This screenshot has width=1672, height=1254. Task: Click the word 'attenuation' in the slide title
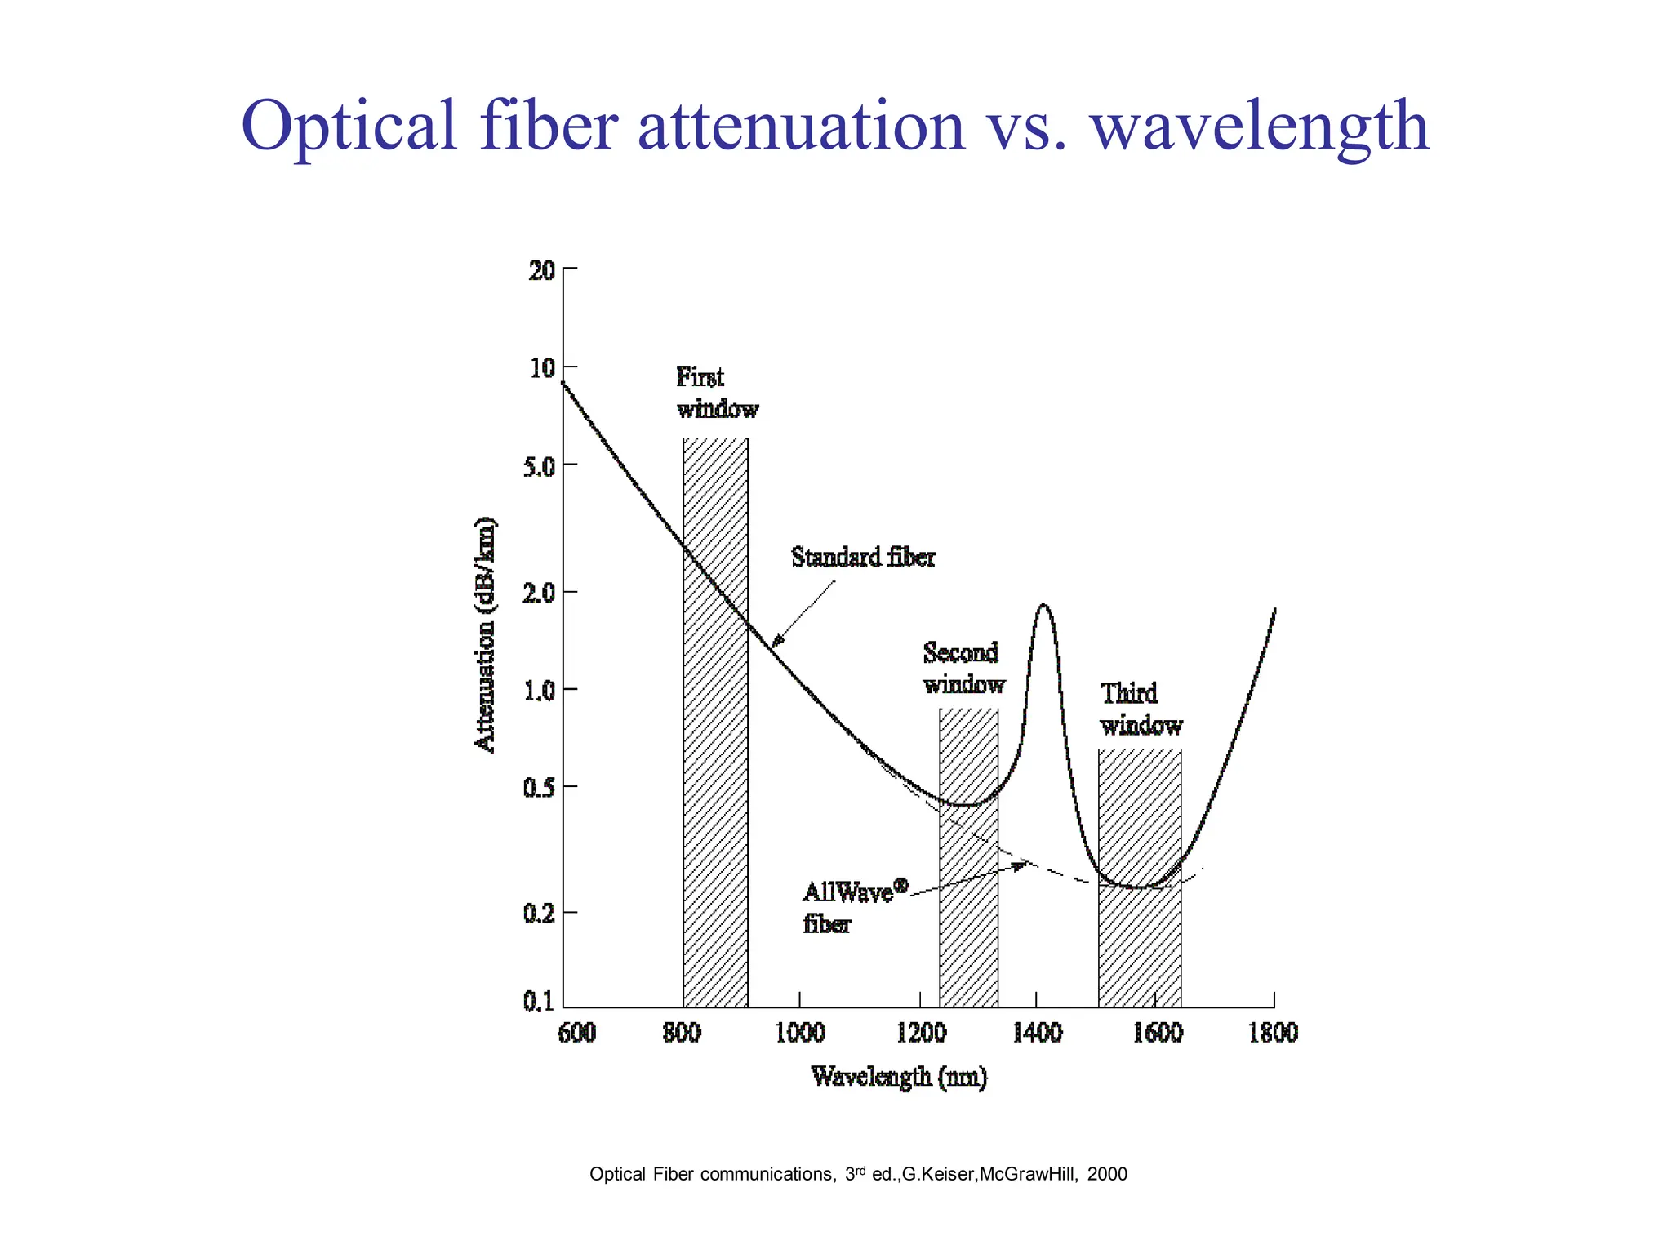801,127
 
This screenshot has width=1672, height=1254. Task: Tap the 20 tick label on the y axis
542,270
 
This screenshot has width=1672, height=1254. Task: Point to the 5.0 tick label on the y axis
539,467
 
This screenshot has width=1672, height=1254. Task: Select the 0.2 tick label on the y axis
539,914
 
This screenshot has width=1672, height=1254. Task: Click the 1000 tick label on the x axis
799,1033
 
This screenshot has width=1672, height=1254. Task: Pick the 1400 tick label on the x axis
1037,1033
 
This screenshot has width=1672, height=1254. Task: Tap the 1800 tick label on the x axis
1273,1033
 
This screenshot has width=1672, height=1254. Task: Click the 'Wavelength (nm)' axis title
899,1077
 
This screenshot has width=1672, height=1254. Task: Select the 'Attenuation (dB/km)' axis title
485,634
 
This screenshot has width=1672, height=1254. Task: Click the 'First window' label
717,393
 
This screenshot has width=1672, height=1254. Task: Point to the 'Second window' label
963,668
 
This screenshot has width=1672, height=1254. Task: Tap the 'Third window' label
1141,709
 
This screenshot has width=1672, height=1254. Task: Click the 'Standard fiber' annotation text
863,558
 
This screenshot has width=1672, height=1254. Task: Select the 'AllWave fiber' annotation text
849,906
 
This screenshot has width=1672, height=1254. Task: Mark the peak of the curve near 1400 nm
1043,605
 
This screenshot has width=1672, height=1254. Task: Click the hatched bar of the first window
715,816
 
